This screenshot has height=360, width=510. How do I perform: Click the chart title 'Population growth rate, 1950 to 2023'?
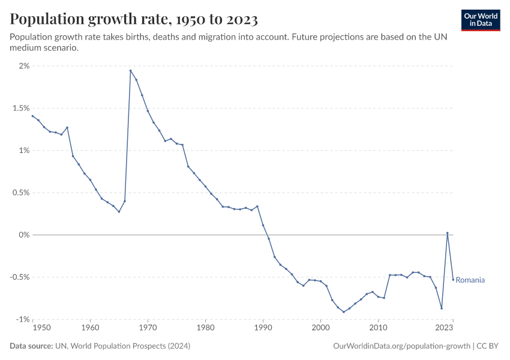pyautogui.click(x=134, y=20)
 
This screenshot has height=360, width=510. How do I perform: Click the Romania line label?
pyautogui.click(x=470, y=280)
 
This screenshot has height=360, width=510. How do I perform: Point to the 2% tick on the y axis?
pyautogui.click(x=23, y=66)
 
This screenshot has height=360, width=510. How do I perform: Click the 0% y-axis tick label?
pyautogui.click(x=23, y=235)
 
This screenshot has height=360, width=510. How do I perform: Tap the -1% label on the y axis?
pyautogui.click(x=22, y=319)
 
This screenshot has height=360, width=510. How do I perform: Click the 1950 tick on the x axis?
pyautogui.click(x=41, y=328)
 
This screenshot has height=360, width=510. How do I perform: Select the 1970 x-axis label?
pyautogui.click(x=148, y=328)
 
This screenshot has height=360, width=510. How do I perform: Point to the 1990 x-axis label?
pyautogui.click(x=263, y=328)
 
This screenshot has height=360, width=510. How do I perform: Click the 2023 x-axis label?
pyautogui.click(x=445, y=328)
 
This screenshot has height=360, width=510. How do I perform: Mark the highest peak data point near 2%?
pyautogui.click(x=130, y=71)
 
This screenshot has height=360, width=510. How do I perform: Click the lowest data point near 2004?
pyautogui.click(x=344, y=312)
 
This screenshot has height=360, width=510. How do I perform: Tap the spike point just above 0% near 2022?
pyautogui.click(x=447, y=233)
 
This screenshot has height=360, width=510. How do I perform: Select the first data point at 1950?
pyautogui.click(x=32, y=116)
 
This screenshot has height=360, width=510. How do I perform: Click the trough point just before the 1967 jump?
pyautogui.click(x=119, y=211)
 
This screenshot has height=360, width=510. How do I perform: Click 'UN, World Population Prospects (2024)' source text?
pyautogui.click(x=124, y=346)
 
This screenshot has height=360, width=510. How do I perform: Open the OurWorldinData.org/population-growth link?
pyautogui.click(x=400, y=346)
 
